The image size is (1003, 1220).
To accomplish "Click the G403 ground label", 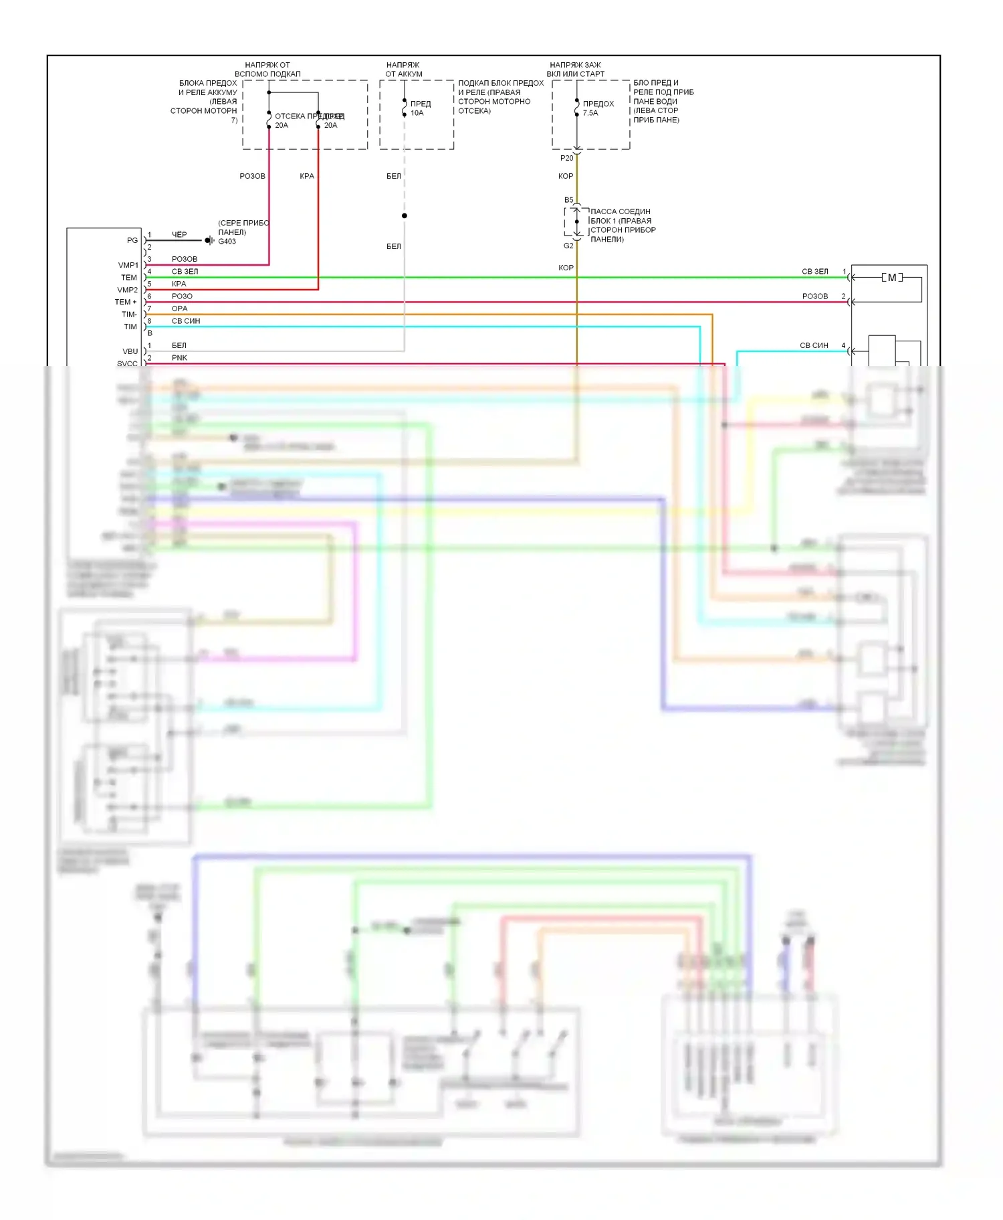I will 227,242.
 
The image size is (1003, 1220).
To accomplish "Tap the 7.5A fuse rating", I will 590,113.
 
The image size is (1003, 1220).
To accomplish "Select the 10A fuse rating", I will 417,113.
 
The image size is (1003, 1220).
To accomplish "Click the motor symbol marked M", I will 892,278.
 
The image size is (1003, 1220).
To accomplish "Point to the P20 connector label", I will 566,159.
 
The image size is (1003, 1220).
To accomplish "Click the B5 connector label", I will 568,200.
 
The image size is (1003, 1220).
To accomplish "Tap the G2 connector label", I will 568,246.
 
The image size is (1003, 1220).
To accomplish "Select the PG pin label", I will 132,240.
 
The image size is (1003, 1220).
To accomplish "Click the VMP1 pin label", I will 128,265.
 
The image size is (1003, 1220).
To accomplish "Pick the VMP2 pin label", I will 127,290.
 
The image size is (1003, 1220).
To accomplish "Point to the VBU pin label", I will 130,351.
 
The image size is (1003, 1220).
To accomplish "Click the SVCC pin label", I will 127,363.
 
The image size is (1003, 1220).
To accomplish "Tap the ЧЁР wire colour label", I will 179,235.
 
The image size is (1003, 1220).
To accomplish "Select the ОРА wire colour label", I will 179,309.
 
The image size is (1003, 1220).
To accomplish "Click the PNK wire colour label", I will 179,358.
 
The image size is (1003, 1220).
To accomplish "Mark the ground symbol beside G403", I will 209,240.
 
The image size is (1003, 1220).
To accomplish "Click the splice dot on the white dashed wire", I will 405,215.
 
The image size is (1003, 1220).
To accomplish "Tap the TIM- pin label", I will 129,315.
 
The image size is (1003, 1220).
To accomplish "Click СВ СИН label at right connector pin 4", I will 814,345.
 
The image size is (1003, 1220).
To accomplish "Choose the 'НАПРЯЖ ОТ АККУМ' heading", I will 403,70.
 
